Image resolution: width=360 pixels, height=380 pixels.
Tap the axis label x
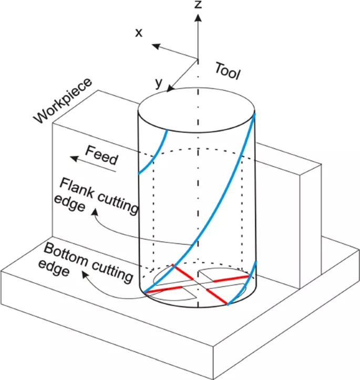(x=139, y=33)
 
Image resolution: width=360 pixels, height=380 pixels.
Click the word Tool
(x=228, y=71)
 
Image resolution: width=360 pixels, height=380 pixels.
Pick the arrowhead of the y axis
(x=170, y=89)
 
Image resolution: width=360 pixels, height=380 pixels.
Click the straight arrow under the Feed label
(x=84, y=156)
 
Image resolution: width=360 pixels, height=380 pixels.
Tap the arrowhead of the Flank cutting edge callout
(x=94, y=212)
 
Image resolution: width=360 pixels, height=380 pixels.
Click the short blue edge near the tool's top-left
(x=154, y=152)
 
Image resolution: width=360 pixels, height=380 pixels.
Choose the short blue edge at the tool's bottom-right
(x=246, y=281)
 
